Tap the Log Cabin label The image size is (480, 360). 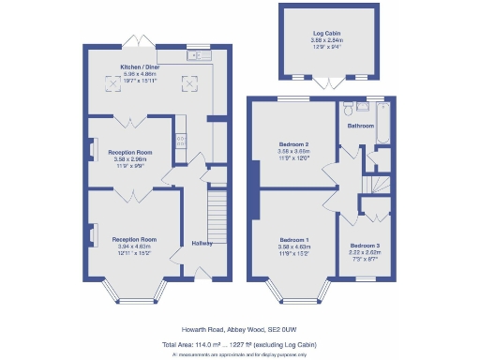click(x=327, y=34)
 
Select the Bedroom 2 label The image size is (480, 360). click(x=294, y=144)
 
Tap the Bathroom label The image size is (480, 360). click(x=361, y=125)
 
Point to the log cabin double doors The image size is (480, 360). click(x=327, y=82)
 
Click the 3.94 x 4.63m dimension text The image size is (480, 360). click(x=134, y=247)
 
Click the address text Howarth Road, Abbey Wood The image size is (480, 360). click(x=240, y=329)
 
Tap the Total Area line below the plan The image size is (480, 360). click(x=240, y=344)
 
